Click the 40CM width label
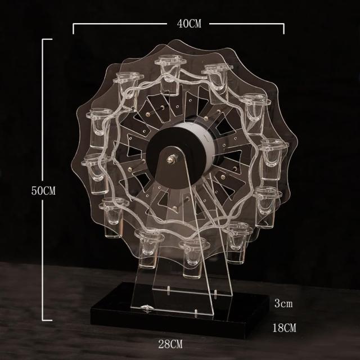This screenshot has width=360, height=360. (x=189, y=24)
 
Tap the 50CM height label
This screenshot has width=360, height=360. (x=43, y=191)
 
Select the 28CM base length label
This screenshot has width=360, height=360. (x=170, y=344)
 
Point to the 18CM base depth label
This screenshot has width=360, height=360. (x=284, y=327)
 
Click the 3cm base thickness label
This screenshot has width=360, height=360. (x=283, y=303)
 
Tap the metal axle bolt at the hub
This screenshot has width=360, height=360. (x=172, y=159)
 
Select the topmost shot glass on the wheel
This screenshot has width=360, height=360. (x=170, y=75)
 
